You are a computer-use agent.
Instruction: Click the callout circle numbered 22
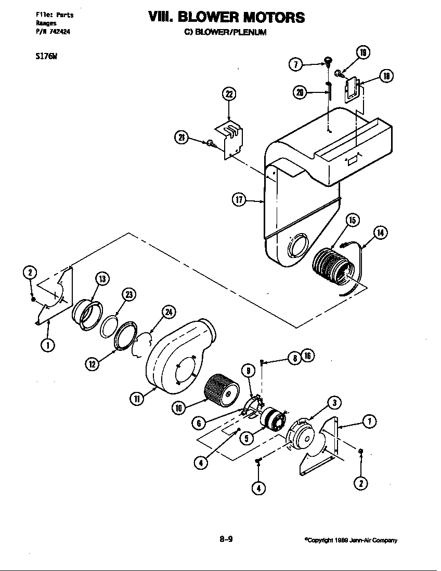click(x=229, y=94)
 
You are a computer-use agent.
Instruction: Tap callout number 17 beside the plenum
click(x=238, y=200)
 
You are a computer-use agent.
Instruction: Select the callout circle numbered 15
click(x=352, y=220)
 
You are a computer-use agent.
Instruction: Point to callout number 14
click(x=381, y=233)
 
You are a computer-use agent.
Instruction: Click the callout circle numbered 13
click(x=101, y=279)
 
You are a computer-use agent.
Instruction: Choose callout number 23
click(x=128, y=295)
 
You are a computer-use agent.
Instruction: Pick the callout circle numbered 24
click(x=168, y=312)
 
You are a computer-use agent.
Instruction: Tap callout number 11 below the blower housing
click(x=135, y=399)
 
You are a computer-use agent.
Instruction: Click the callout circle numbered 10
click(x=179, y=408)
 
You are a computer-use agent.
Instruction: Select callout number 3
click(x=335, y=402)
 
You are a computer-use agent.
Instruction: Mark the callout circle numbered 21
click(x=180, y=138)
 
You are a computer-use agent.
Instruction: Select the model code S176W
click(x=43, y=58)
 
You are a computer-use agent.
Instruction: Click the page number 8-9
click(x=225, y=539)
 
